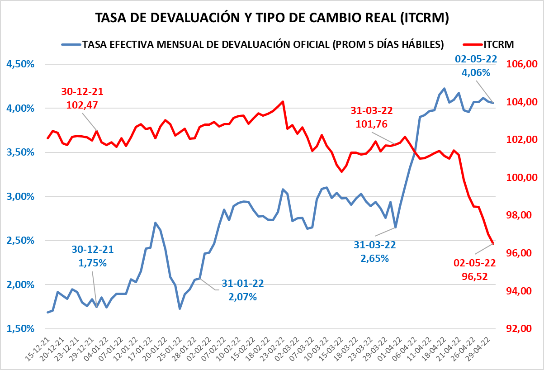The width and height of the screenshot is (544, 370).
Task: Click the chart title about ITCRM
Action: (272, 18)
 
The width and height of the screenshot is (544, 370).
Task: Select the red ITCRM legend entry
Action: (490, 44)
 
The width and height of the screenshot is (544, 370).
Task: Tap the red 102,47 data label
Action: (82, 105)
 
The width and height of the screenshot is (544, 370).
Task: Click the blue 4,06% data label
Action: (476, 72)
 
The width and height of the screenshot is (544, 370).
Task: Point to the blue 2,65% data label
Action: (374, 258)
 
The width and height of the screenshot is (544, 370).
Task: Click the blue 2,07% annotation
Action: (242, 297)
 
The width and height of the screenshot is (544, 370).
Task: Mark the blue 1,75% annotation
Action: (93, 263)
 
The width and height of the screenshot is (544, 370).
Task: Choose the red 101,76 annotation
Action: (372, 124)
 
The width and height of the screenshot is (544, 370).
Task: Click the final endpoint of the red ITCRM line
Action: (493, 244)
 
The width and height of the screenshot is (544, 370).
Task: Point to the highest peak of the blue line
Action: (444, 89)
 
